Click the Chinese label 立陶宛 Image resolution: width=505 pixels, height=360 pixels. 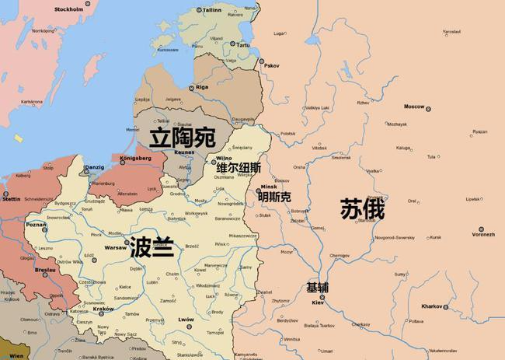(x=182, y=139)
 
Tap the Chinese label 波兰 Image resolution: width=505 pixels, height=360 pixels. (x=152, y=246)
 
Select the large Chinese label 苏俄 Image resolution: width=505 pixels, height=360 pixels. (x=363, y=210)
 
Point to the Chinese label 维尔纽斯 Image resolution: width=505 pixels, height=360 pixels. (x=239, y=168)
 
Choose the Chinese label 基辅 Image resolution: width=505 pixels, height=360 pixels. (x=317, y=287)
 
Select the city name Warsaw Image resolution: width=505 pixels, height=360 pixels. (x=115, y=246)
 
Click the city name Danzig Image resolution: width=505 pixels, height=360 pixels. (x=93, y=166)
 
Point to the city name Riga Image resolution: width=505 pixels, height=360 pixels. (x=203, y=87)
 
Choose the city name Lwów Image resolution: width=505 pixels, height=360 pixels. (x=186, y=319)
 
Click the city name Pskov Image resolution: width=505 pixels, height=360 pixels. (x=271, y=65)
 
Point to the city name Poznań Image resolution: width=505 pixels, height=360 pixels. (x=37, y=224)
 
